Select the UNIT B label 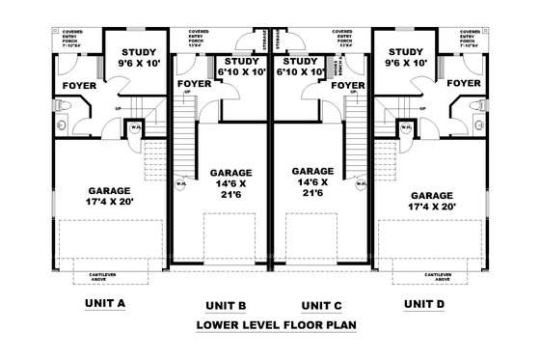point(228,306)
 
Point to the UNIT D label point(424,303)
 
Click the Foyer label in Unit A point(79,85)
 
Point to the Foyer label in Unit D point(464,84)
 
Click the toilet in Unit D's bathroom point(480,125)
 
